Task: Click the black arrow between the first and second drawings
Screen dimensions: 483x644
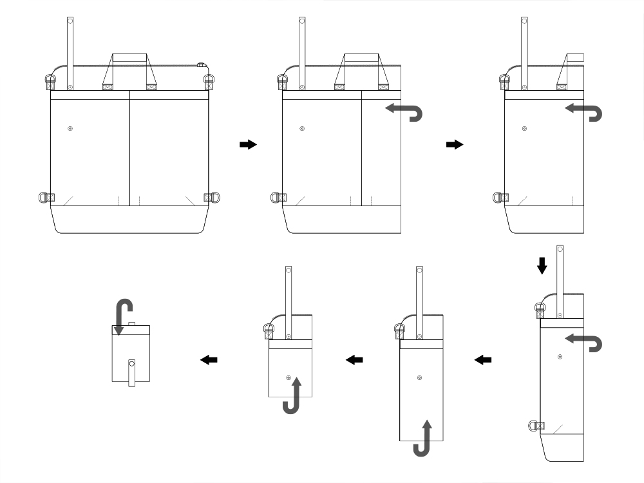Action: (x=247, y=145)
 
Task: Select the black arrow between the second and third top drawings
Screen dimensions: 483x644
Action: (x=455, y=145)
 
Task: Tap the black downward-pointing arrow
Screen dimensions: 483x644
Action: (x=542, y=265)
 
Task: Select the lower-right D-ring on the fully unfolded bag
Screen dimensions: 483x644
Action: (x=212, y=197)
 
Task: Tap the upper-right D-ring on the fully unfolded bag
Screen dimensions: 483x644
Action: (x=208, y=80)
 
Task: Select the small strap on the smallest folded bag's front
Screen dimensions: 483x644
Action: (x=131, y=372)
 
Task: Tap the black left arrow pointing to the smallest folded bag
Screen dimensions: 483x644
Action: (x=209, y=360)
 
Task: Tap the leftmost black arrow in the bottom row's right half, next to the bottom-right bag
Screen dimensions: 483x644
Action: (x=483, y=360)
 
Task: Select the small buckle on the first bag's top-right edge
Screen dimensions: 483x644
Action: (x=201, y=65)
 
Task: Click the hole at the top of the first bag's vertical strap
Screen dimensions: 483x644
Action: (x=70, y=22)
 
